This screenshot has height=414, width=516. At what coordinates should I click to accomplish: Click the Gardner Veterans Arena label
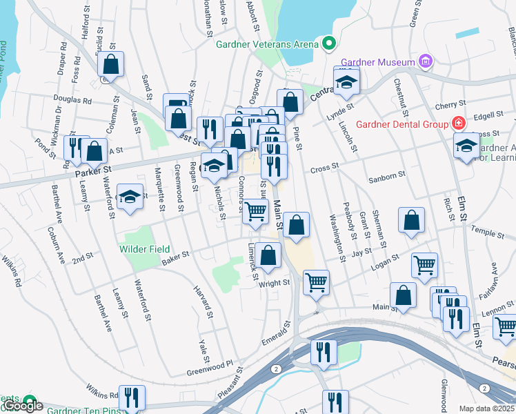(267, 44)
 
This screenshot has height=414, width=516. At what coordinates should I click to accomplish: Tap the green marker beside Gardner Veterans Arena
(329, 44)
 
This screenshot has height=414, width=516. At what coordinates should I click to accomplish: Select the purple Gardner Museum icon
(426, 62)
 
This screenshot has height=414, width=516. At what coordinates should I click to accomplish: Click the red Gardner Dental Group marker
(458, 124)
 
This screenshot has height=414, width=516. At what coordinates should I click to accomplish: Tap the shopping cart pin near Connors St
(255, 210)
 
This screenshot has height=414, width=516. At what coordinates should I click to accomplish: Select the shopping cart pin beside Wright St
(316, 281)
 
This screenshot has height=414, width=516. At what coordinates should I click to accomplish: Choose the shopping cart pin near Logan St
(424, 264)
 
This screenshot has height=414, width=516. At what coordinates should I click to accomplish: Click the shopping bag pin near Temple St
(411, 221)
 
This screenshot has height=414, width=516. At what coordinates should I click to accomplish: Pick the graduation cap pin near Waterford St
(130, 197)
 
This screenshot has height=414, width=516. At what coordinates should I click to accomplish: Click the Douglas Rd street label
(77, 100)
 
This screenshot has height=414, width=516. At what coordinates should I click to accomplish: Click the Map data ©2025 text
(486, 408)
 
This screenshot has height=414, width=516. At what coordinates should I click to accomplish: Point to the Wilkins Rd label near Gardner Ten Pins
(103, 396)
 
